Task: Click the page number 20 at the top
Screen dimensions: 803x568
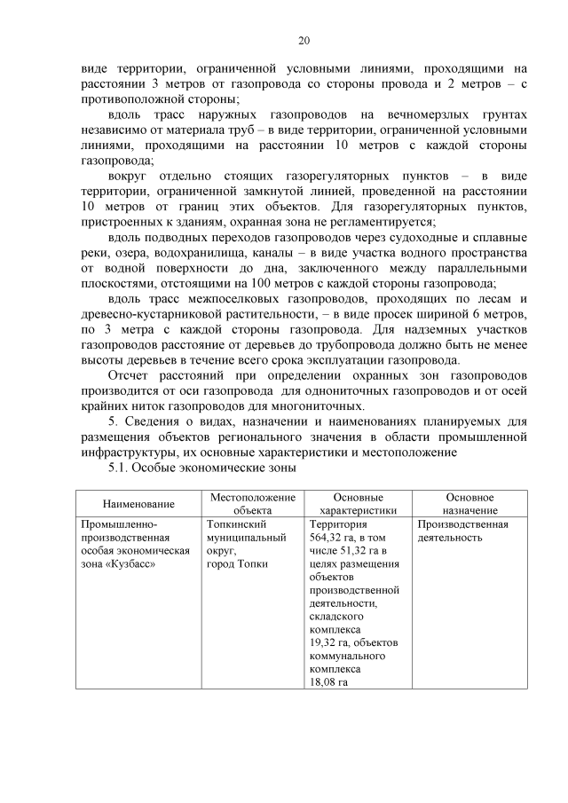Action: tap(303, 41)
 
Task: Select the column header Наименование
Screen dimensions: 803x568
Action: tap(138, 504)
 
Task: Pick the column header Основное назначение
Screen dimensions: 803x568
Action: tap(470, 504)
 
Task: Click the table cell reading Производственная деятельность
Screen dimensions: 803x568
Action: tap(462, 531)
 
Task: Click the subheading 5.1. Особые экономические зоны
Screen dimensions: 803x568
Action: tap(201, 468)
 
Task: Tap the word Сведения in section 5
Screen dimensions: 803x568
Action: tap(153, 421)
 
